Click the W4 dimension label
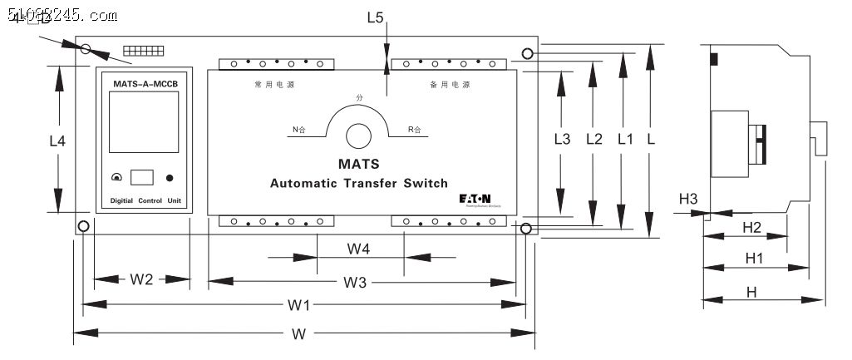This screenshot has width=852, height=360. [x=358, y=248]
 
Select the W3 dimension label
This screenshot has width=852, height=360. [x=355, y=283]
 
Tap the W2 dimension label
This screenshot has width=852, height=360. [x=142, y=279]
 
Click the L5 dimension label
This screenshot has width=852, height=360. [x=375, y=17]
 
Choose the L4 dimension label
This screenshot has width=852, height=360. [x=57, y=141]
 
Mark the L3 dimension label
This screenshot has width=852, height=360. [x=563, y=139]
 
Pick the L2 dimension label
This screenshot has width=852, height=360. [x=593, y=139]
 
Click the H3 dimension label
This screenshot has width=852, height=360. [x=688, y=199]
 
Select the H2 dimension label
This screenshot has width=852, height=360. [x=751, y=227]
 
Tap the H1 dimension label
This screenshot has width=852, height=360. [x=754, y=259]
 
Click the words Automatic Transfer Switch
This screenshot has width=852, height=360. [x=359, y=183]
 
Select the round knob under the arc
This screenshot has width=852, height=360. [x=358, y=135]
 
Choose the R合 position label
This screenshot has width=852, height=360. [x=415, y=130]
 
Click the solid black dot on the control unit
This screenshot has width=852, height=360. [x=170, y=178]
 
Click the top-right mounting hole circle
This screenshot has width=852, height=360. [x=528, y=55]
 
